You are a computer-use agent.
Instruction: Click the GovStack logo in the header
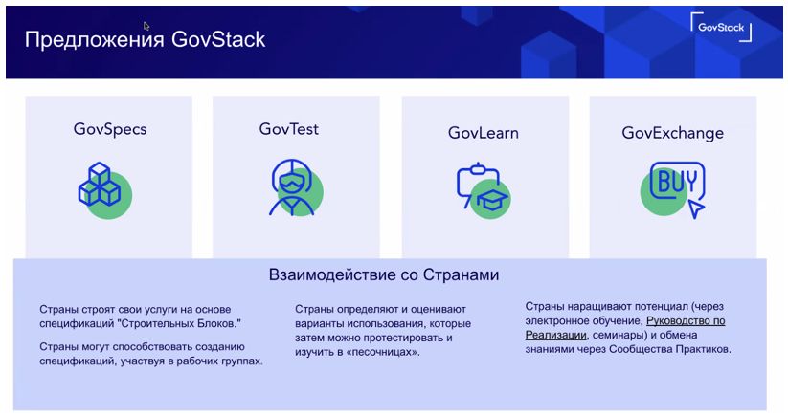pyautogui.click(x=721, y=27)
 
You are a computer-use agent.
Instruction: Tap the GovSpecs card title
pyautogui.click(x=110, y=129)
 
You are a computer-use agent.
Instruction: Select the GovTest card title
pyautogui.click(x=289, y=129)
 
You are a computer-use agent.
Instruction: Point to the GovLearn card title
pyautogui.click(x=483, y=133)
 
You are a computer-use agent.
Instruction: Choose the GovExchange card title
pyautogui.click(x=672, y=133)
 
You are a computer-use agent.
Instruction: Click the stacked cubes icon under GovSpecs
pyautogui.click(x=100, y=185)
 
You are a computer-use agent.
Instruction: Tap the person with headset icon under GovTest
pyautogui.click(x=291, y=187)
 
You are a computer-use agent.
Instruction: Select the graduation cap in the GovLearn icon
pyautogui.click(x=492, y=200)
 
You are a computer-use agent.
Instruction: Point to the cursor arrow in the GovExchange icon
pyautogui.click(x=696, y=208)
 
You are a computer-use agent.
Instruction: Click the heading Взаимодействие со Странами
pyautogui.click(x=384, y=275)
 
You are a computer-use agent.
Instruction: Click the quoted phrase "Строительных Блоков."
pyautogui.click(x=178, y=323)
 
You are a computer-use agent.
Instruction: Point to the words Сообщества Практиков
pyautogui.click(x=670, y=349)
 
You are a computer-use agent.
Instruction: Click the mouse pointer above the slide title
pyautogui.click(x=146, y=26)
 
